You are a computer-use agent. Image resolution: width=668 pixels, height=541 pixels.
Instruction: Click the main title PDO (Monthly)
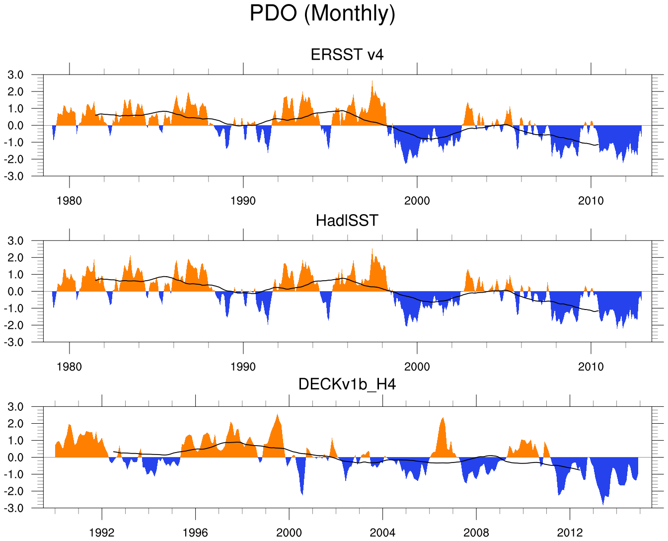tap(322, 13)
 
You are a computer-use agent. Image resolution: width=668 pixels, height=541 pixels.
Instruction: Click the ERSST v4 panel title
tap(347, 54)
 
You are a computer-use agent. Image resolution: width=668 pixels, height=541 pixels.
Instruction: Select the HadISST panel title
tap(347, 220)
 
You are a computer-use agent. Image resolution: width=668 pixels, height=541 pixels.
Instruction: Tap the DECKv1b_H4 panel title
tap(347, 384)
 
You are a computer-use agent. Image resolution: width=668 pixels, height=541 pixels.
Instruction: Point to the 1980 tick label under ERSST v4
tap(69, 201)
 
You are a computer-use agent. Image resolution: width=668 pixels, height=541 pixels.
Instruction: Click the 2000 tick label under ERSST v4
tap(417, 201)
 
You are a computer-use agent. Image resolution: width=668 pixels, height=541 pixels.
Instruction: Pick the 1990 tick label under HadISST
tap(243, 367)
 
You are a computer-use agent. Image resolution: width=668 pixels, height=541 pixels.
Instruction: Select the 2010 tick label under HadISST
tap(591, 367)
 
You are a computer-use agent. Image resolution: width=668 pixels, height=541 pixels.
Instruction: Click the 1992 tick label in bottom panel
tap(102, 533)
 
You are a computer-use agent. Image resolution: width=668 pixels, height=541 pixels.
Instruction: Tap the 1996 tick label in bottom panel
tap(195, 533)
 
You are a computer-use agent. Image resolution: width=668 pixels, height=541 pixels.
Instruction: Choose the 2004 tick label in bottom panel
tap(382, 533)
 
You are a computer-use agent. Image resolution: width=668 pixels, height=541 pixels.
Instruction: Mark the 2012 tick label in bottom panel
tap(570, 533)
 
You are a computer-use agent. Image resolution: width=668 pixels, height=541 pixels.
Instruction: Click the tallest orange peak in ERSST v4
tap(372, 82)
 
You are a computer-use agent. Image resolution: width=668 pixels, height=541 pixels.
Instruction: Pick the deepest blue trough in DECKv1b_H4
tap(603, 503)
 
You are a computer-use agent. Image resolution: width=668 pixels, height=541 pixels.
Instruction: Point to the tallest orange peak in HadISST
tap(372, 250)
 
